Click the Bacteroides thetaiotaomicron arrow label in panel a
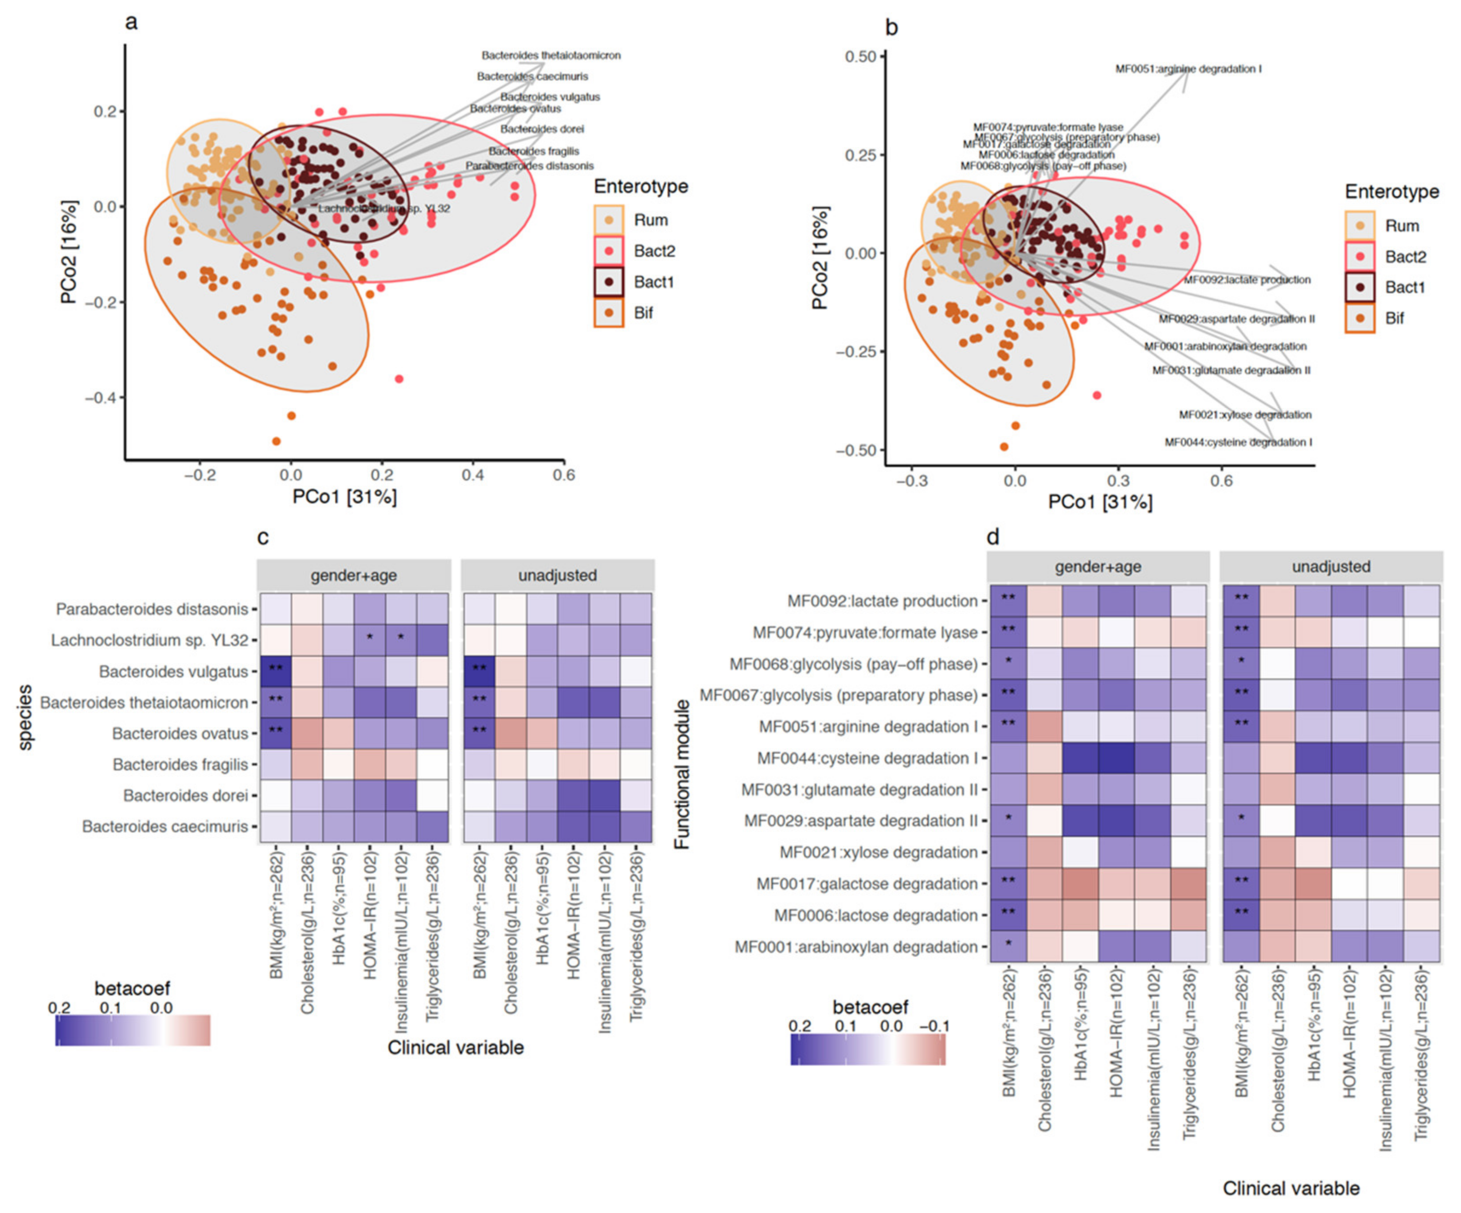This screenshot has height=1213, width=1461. coord(551,55)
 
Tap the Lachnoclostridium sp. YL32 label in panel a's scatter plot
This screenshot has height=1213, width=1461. coord(384,208)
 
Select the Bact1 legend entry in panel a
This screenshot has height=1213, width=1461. coord(652,282)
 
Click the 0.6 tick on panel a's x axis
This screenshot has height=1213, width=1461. coord(563,475)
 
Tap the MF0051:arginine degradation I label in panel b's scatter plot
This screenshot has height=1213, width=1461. coord(1188,69)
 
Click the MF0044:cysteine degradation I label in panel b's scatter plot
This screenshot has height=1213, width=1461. coord(1238,442)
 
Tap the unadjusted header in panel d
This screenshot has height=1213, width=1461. coord(1330,567)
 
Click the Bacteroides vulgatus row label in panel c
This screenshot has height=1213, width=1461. coord(173,672)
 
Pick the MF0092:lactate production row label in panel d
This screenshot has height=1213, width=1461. coord(882,601)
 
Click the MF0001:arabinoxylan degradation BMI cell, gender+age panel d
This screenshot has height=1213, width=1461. coord(1008,947)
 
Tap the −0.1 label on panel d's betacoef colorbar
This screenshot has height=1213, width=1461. coord(934,1026)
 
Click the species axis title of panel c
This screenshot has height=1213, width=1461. coord(25,717)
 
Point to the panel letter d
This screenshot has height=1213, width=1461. coord(993,536)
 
